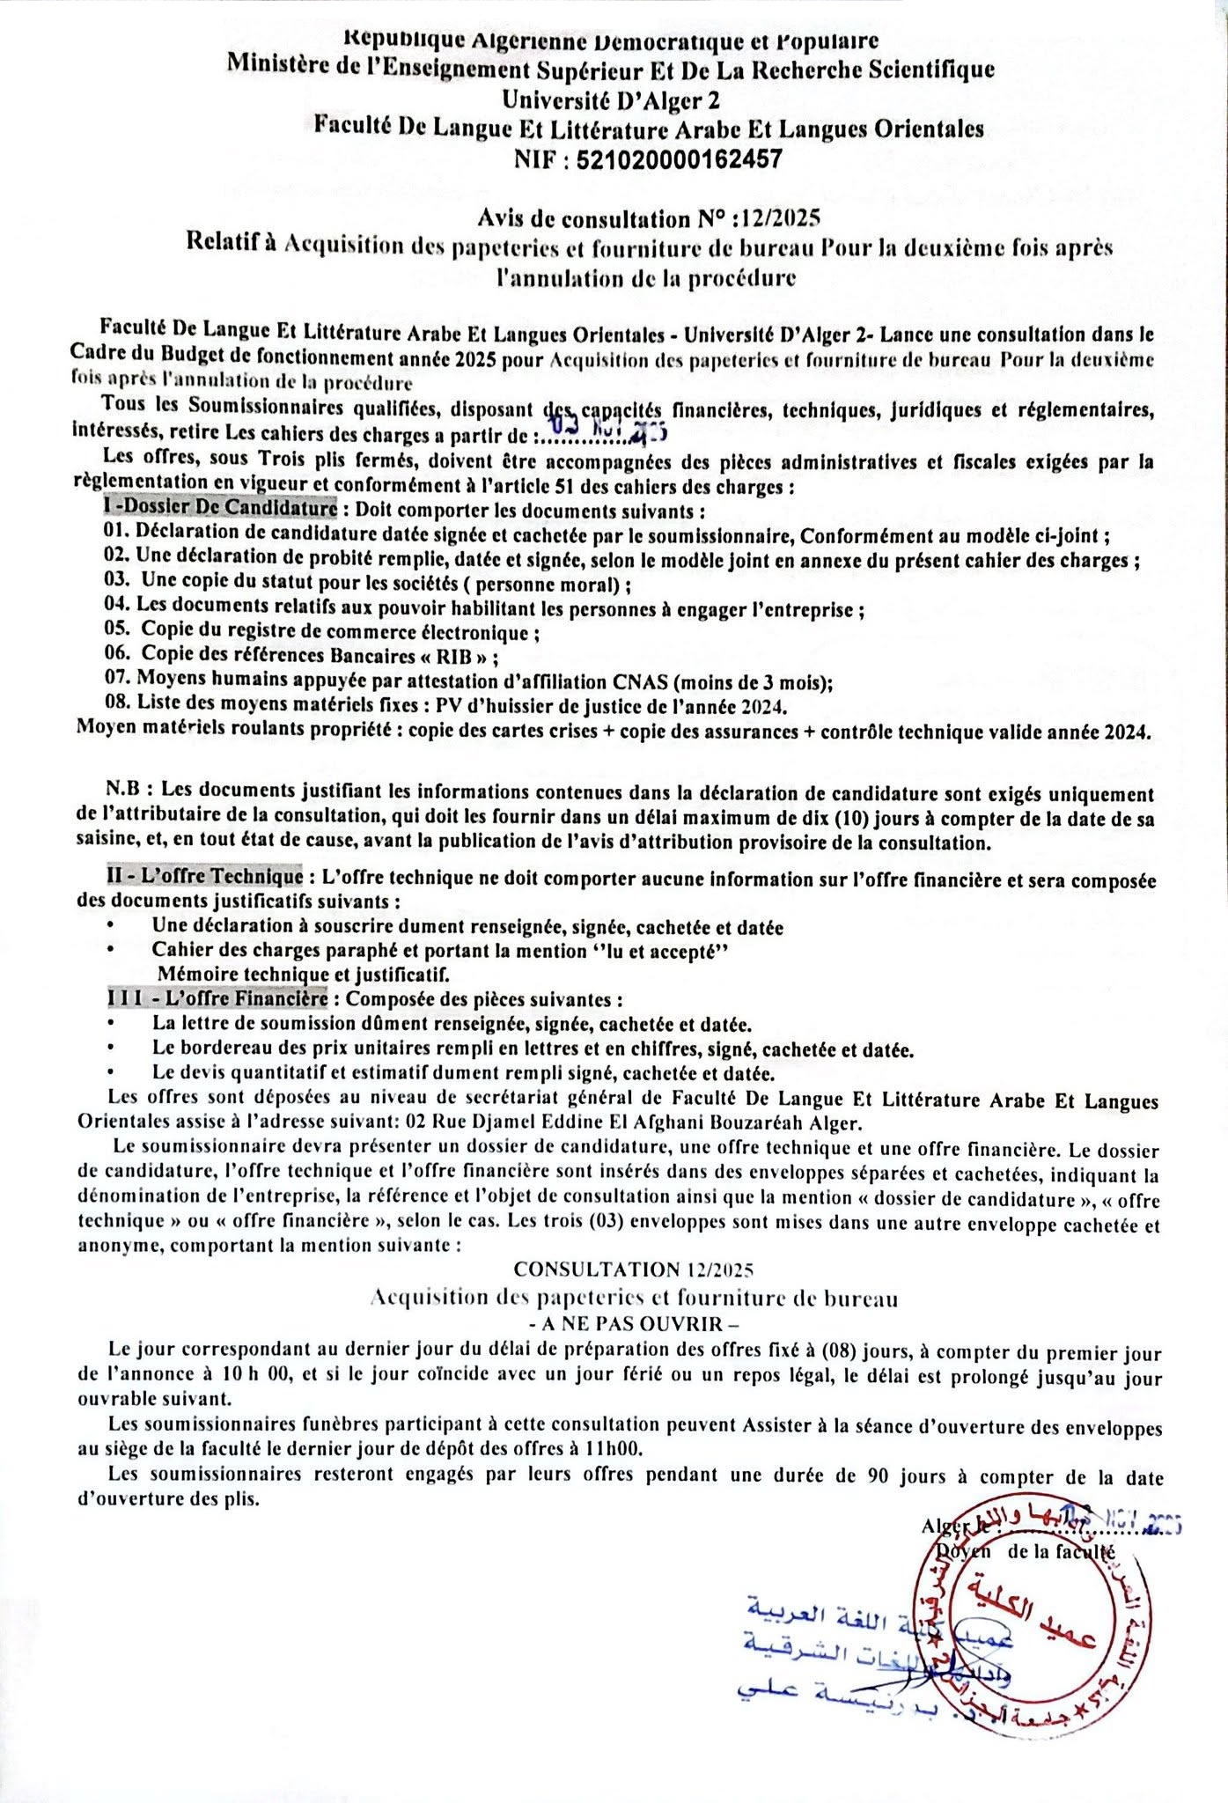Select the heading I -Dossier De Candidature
pos(220,509)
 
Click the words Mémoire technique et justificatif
pos(303,975)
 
